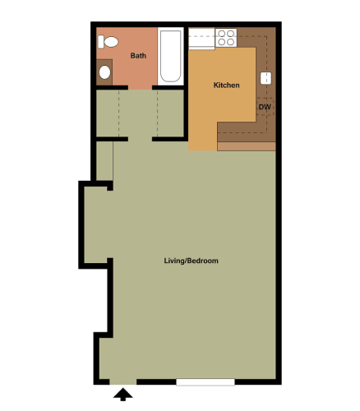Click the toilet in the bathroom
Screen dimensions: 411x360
pos(108,41)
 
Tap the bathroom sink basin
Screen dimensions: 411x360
pos(104,72)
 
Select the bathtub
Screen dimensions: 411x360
pos(170,56)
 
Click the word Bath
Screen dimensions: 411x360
pos(138,56)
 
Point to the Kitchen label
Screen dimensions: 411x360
pos(226,85)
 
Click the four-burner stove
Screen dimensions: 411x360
pos(226,37)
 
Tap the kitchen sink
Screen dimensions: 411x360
pos(266,79)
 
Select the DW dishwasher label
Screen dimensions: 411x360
pos(265,108)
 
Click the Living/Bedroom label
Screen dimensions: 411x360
pos(191,261)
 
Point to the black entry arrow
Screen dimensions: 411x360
pos(123,396)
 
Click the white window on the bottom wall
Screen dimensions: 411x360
pos(205,382)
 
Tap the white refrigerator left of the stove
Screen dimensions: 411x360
pos(201,37)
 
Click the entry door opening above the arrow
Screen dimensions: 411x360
pos(123,382)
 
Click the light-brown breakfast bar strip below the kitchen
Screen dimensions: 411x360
pos(246,146)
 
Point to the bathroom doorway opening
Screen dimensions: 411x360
pos(139,87)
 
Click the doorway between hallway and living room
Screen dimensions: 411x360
pos(140,140)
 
